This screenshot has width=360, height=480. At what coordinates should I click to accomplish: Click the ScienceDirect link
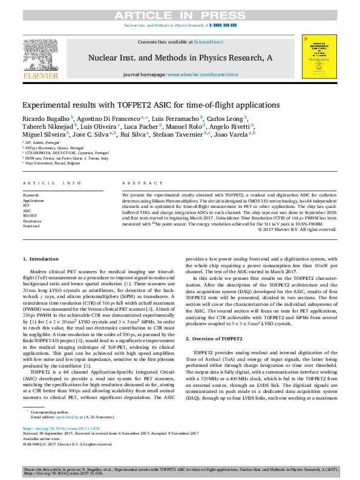coord(209,42)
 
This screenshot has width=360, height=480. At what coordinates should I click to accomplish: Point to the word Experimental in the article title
coord(49,104)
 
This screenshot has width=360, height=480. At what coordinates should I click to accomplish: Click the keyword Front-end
coord(31,225)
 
